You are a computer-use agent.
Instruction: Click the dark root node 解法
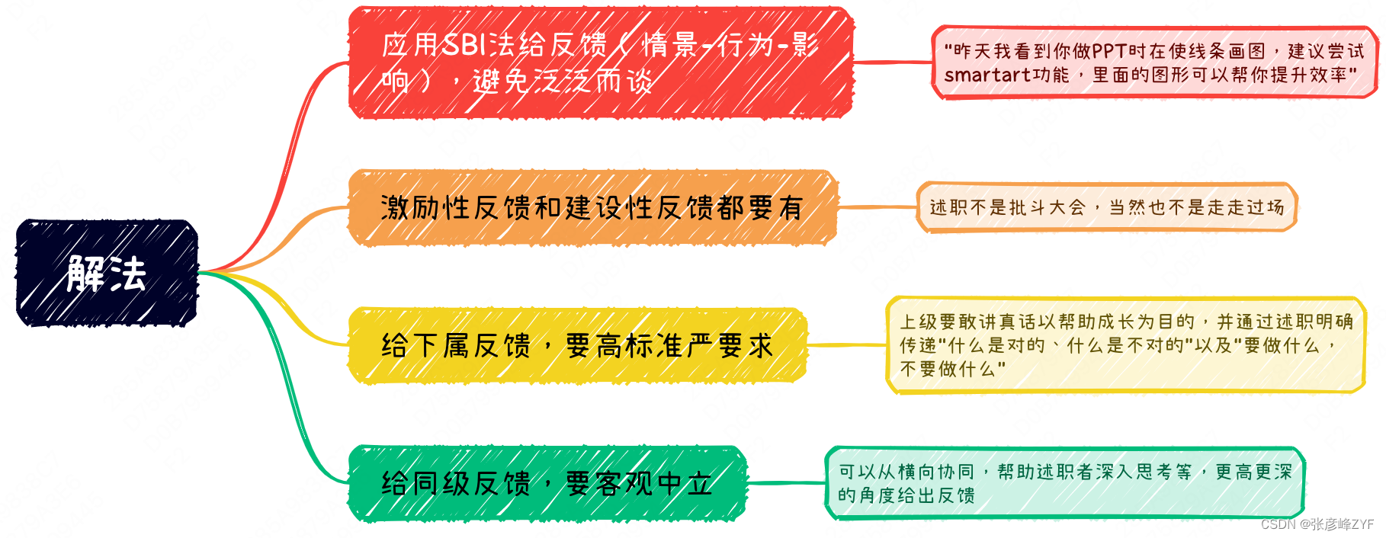[x=107, y=273]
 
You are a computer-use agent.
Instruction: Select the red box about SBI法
[x=600, y=62]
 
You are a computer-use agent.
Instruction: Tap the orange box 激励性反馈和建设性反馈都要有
[x=592, y=207]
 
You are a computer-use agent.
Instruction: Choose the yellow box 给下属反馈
[x=577, y=345]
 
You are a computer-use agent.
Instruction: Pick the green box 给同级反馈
[x=547, y=483]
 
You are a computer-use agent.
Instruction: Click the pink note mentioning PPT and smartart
[x=1154, y=62]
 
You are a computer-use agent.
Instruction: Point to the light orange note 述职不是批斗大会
[x=1106, y=207]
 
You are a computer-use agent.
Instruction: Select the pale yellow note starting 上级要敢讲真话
[x=1125, y=345]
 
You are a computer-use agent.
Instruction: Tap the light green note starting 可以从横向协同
[x=1065, y=483]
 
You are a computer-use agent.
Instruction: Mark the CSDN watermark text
[x=1317, y=524]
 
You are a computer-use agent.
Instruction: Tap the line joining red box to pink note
[x=892, y=62]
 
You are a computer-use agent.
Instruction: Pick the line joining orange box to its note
[x=877, y=207]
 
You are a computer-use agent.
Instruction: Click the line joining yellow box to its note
[x=846, y=345]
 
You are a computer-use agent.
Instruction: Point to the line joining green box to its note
[x=785, y=482]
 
